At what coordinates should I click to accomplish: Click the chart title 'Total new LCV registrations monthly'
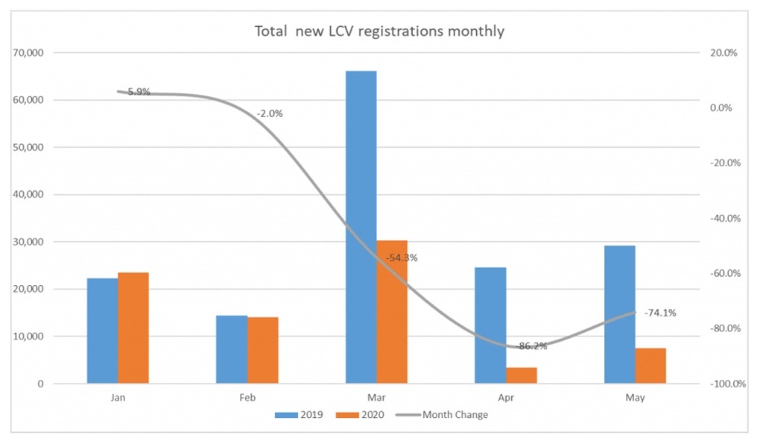point(379,31)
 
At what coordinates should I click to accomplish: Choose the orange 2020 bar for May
point(650,366)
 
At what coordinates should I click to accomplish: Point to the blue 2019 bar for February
point(232,349)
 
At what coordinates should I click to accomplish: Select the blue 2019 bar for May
point(619,314)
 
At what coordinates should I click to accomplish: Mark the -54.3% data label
point(402,258)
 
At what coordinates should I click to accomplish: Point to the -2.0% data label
point(269,113)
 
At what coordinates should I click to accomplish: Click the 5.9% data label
point(138,92)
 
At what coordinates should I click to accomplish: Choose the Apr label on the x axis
point(506,398)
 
